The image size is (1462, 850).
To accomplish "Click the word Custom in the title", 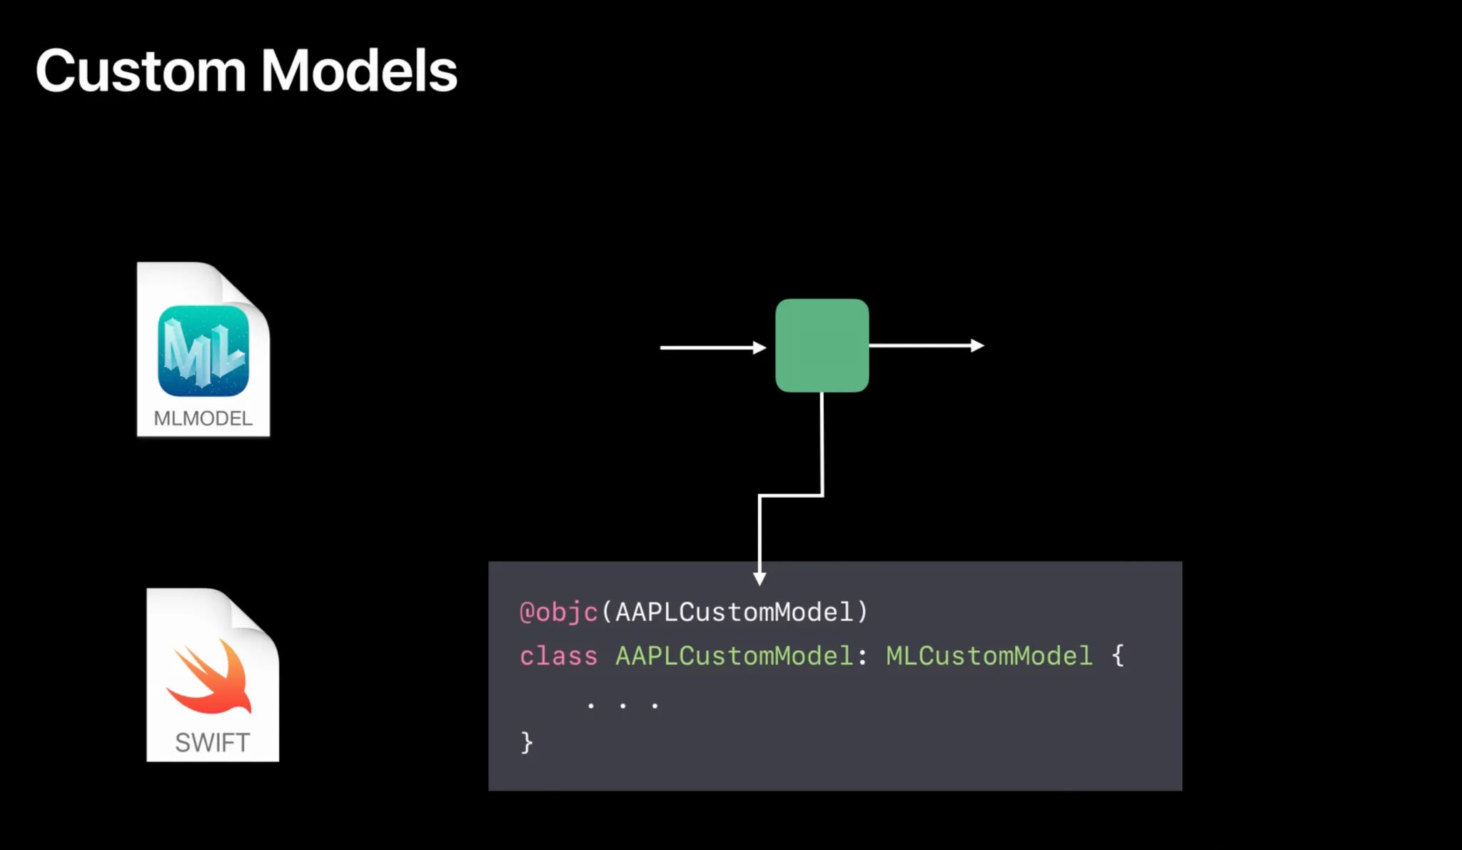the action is pyautogui.click(x=141, y=71).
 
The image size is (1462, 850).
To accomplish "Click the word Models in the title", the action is pyautogui.click(x=359, y=71).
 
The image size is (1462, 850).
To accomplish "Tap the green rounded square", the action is pyautogui.click(x=822, y=345).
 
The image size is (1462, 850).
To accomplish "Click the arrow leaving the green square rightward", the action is pyautogui.click(x=926, y=345).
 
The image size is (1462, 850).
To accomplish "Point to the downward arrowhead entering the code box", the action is pyautogui.click(x=760, y=578).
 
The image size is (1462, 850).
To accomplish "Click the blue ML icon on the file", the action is pyautogui.click(x=203, y=351).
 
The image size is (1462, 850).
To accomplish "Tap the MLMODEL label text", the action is pyautogui.click(x=203, y=418).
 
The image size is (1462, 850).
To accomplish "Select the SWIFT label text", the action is pyautogui.click(x=213, y=743).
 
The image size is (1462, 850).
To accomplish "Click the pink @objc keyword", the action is pyautogui.click(x=558, y=612).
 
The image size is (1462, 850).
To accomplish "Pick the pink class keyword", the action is pyautogui.click(x=558, y=656).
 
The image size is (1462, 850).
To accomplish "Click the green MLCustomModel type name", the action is pyautogui.click(x=989, y=656).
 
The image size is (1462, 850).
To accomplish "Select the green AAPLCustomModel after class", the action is pyautogui.click(x=734, y=656).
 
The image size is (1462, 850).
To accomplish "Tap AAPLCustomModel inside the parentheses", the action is pyautogui.click(x=734, y=612).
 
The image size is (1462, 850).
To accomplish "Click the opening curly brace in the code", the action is pyautogui.click(x=1118, y=656).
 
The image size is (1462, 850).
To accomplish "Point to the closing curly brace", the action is pyautogui.click(x=527, y=742).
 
